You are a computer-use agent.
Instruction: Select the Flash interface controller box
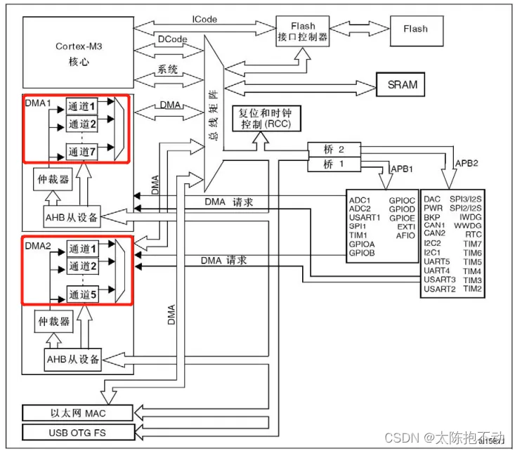[x=303, y=32]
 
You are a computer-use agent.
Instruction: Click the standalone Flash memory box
[x=415, y=30]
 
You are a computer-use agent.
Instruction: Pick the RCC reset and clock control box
[x=266, y=118]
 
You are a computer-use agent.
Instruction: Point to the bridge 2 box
[x=334, y=150]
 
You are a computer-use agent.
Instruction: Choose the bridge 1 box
[x=334, y=164]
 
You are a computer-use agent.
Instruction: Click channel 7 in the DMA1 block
[x=83, y=150]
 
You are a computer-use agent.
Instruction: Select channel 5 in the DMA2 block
[x=83, y=295]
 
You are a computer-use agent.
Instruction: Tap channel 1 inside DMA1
[x=83, y=105]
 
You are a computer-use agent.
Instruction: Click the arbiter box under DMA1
[x=53, y=180]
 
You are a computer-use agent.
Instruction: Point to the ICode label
[x=204, y=19]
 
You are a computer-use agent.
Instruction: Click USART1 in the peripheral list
[x=365, y=217]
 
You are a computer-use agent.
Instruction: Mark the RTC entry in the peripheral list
[x=472, y=235]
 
